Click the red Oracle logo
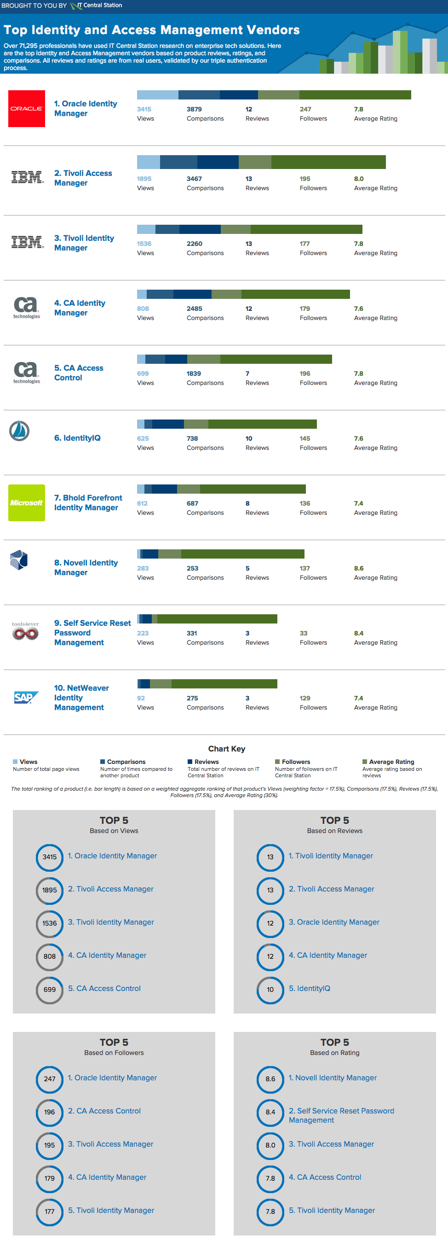point(27,109)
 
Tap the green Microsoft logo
point(27,502)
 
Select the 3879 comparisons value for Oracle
point(194,110)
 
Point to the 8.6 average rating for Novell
point(359,568)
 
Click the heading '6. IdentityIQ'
point(77,438)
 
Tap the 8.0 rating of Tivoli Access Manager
point(359,179)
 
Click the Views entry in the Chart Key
point(25,762)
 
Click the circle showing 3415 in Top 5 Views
point(50,857)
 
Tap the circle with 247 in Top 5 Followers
point(50,1078)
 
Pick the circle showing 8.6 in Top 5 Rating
point(270,1078)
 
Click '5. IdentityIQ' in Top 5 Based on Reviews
point(309,988)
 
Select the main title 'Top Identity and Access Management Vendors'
point(152,30)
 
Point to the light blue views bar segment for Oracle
point(157,95)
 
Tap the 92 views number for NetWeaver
point(141,698)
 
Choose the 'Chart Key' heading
point(226,749)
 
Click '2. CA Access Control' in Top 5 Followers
point(104,1111)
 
